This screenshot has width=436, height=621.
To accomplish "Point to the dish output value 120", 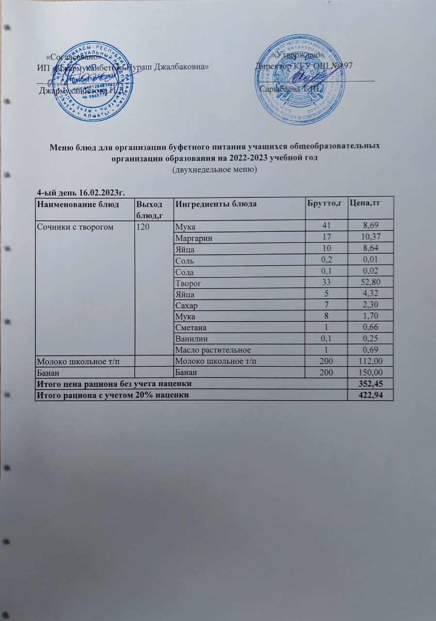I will [x=143, y=226].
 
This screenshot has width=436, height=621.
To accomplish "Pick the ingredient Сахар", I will [x=187, y=305].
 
